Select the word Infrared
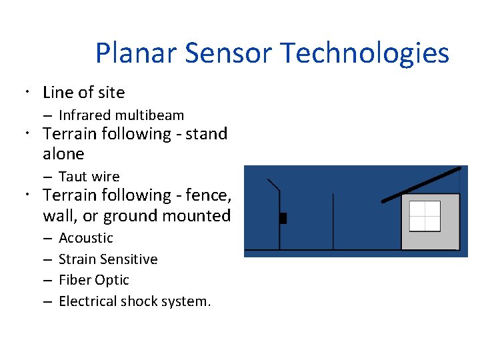[84, 115]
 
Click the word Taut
[72, 177]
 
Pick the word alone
[63, 154]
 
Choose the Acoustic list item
[86, 238]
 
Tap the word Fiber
[75, 280]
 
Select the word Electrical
[88, 301]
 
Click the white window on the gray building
[425, 215]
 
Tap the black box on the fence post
[283, 218]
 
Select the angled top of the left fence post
[273, 185]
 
